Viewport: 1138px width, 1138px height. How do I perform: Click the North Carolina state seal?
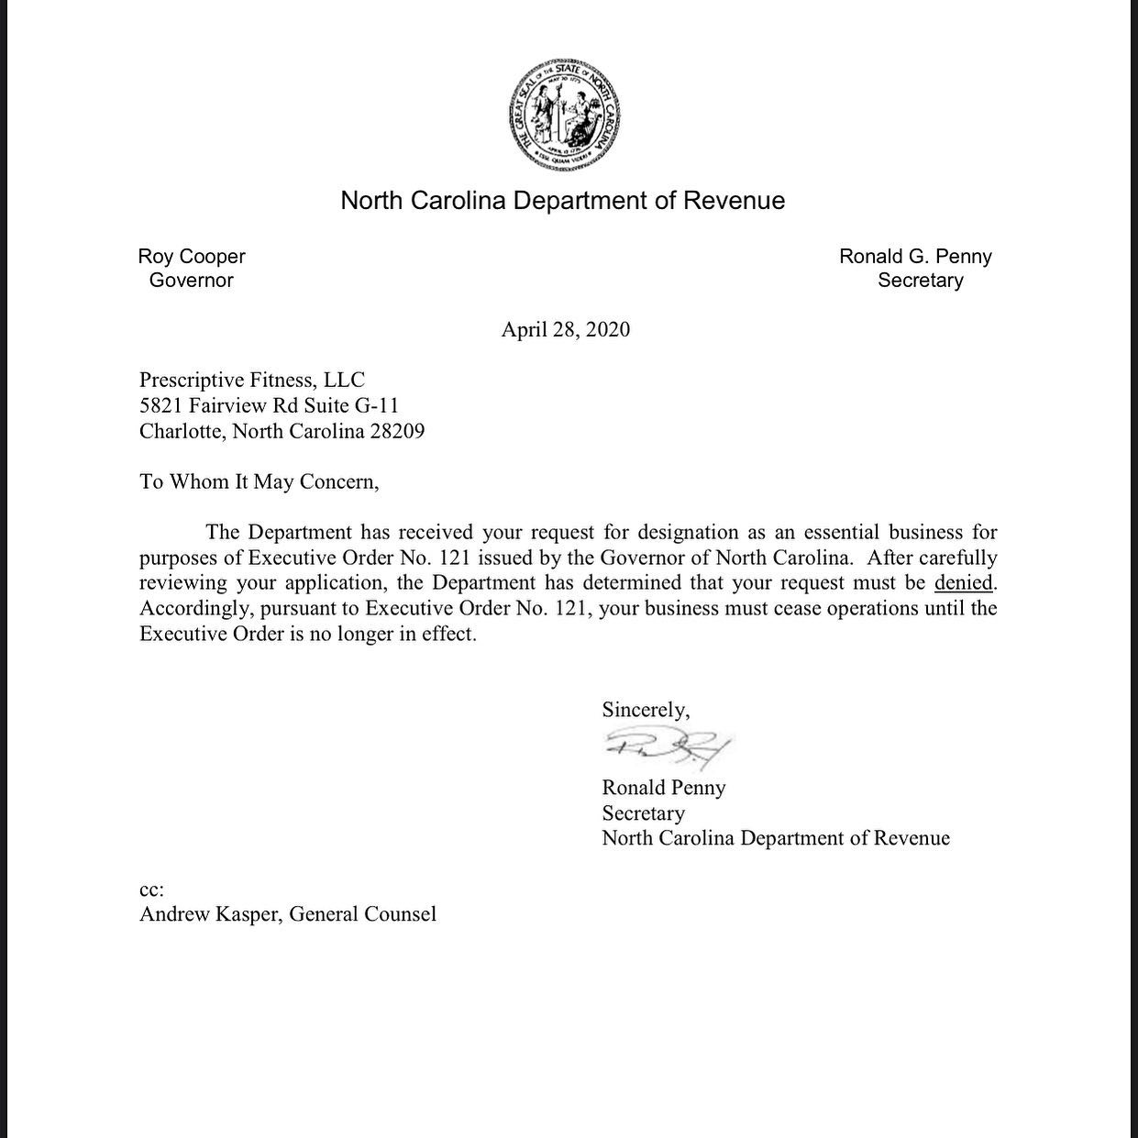(x=563, y=117)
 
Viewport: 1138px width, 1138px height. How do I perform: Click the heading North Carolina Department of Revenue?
(x=563, y=201)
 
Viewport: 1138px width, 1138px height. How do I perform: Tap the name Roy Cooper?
(x=192, y=257)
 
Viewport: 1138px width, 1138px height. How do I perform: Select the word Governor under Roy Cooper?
(x=191, y=281)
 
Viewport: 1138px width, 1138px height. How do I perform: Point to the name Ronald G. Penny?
(x=915, y=257)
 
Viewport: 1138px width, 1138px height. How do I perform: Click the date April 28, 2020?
(x=565, y=330)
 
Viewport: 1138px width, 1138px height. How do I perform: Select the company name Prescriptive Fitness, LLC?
(x=252, y=380)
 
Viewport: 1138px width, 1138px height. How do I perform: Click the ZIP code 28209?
(x=397, y=431)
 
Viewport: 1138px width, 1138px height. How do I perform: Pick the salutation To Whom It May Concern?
(x=259, y=481)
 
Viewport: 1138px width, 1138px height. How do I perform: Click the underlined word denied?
(x=963, y=582)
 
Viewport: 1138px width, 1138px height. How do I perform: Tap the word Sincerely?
(x=646, y=709)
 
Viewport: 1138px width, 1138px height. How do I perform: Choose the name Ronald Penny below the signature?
(x=663, y=788)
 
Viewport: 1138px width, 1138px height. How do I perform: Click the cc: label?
(x=151, y=889)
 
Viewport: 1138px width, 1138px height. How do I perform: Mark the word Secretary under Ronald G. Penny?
(x=920, y=281)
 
